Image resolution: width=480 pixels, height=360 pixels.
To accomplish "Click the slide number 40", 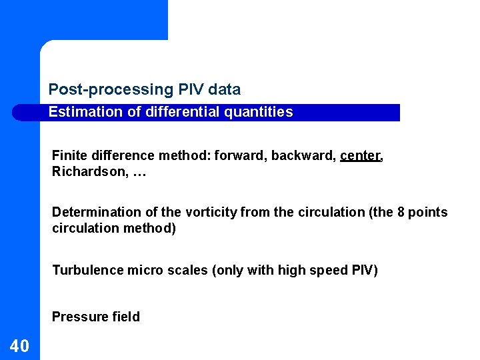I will pyautogui.click(x=19, y=345).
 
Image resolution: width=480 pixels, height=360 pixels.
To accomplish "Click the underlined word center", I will pyautogui.click(x=360, y=156).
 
